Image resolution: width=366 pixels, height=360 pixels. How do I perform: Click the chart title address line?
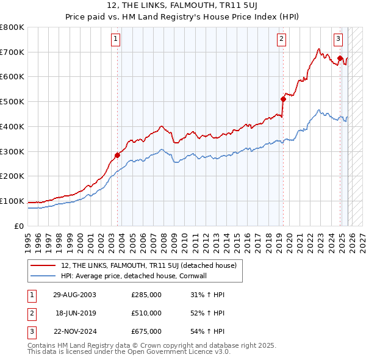tap(183, 6)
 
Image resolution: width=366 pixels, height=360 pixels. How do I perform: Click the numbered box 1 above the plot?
tap(116, 40)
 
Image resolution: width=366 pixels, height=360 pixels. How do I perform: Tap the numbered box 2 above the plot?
tap(281, 40)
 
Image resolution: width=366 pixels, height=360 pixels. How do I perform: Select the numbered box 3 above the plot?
tap(338, 40)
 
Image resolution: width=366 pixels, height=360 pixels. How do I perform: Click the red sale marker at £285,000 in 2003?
tap(118, 155)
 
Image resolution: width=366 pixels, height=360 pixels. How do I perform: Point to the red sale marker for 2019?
tap(283, 99)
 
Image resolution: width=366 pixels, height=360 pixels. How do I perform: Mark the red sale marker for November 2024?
tap(340, 58)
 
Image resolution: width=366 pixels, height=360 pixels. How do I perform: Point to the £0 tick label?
tap(18, 226)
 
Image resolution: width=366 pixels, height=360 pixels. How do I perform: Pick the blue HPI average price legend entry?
tap(134, 276)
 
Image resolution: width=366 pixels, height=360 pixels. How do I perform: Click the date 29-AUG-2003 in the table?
tap(74, 295)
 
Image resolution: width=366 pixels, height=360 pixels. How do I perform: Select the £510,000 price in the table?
tap(146, 313)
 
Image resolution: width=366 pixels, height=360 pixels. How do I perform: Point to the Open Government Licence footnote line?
tap(128, 352)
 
